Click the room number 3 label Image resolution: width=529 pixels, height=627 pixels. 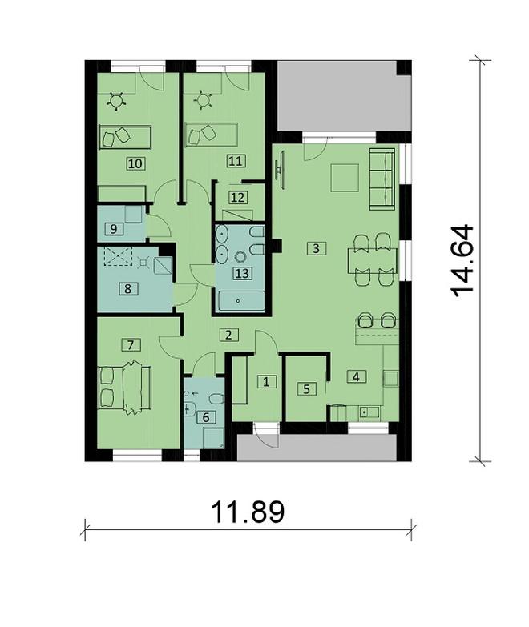(316, 249)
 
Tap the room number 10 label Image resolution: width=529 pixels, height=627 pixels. (135, 163)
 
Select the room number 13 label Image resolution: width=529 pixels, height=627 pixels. (243, 274)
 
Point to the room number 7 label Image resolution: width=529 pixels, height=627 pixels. (131, 344)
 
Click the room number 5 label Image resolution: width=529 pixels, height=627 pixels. (306, 388)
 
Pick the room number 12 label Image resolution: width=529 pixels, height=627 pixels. (237, 198)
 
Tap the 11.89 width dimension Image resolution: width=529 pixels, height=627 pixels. (248, 512)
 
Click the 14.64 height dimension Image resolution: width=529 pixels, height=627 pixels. (463, 261)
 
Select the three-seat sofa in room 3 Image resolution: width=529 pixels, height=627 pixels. (382, 179)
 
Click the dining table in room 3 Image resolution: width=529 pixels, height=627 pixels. (373, 260)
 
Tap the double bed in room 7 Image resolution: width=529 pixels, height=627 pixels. (124, 387)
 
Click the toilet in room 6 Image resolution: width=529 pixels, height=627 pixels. (216, 400)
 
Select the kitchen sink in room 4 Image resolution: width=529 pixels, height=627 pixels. (369, 412)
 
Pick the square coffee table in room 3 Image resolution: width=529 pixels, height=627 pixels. (345, 178)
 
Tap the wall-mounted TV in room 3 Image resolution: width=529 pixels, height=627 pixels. (281, 170)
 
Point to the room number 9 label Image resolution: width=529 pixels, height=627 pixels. (113, 229)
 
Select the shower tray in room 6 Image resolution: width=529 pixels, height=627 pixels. (213, 438)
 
